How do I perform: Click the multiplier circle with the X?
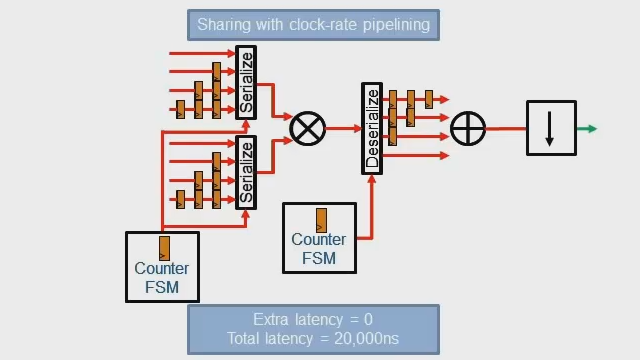pos(308,128)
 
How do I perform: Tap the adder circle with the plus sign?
pos(468,128)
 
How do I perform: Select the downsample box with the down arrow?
pos(551,128)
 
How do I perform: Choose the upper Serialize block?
pos(246,83)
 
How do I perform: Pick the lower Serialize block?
pos(246,172)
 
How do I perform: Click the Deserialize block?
pos(372,128)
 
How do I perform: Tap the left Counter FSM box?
pos(162,267)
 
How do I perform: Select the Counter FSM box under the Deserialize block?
pos(320,238)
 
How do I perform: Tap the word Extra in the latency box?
pos(272,319)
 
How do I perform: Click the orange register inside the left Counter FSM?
pos(164,248)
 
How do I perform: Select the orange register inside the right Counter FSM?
pos(321,219)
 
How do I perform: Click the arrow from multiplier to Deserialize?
pos(343,128)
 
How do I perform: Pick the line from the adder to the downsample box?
pos(506,128)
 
